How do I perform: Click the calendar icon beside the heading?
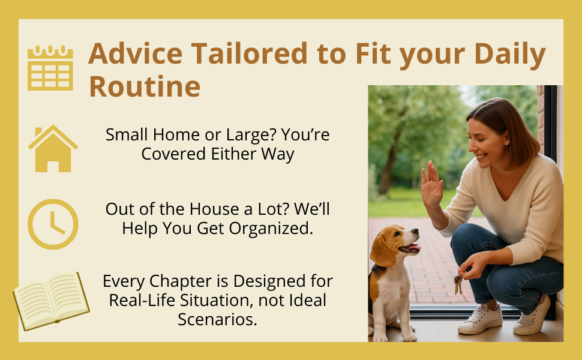tap(50, 68)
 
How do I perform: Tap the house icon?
tap(53, 148)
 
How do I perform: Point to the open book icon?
tap(51, 300)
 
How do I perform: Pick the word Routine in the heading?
tap(145, 86)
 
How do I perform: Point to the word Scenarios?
tap(217, 319)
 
